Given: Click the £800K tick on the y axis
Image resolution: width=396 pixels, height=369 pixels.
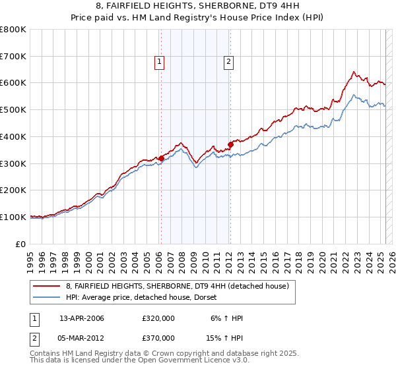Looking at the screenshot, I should [13, 30].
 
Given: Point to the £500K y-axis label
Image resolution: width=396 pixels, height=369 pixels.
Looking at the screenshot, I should [13, 110].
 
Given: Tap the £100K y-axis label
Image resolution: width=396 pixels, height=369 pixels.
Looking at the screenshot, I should [13, 217].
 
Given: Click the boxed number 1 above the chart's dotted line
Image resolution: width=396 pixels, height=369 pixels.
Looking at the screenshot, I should [160, 63].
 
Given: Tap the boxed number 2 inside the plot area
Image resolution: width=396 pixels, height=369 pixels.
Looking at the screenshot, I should [228, 63].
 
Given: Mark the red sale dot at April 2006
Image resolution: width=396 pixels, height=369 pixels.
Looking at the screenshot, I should [161, 158].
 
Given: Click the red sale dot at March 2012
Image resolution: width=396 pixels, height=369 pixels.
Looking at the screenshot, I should [230, 145].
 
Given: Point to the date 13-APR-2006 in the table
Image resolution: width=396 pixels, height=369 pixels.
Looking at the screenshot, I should [82, 318].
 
